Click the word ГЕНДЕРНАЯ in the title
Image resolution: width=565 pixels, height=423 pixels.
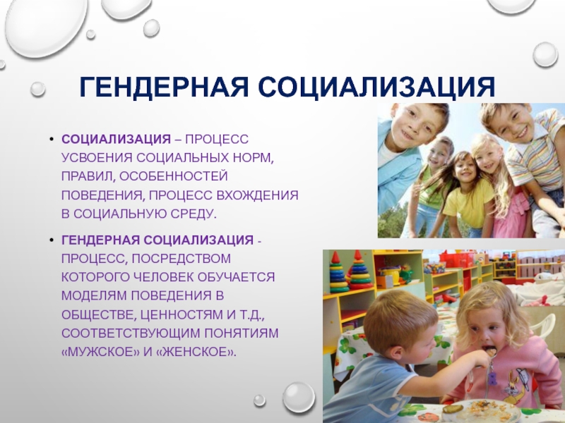click(164, 87)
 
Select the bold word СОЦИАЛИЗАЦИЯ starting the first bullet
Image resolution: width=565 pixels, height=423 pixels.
click(116, 139)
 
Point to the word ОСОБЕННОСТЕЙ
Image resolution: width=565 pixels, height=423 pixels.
click(174, 176)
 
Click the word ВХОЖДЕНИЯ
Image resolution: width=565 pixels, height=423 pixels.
click(258, 195)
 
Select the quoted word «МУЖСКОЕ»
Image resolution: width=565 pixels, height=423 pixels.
click(100, 351)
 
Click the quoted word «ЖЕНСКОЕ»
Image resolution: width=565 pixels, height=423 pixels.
click(197, 351)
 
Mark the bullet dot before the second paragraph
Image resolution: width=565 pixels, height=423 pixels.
click(52, 240)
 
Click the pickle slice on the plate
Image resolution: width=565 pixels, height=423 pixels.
click(453, 410)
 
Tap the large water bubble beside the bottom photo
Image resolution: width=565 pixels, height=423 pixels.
click(299, 397)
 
